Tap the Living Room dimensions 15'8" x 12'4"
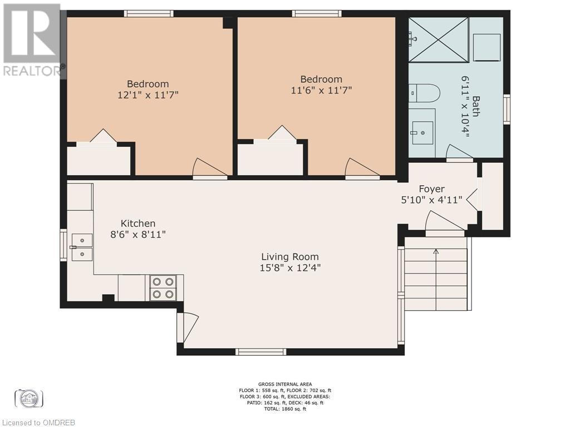tap(291, 267)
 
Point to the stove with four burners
tap(163, 288)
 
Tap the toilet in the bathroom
tap(425, 93)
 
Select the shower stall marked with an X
tap(439, 39)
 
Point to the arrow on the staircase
tap(436, 252)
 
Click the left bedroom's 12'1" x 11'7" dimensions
tap(148, 95)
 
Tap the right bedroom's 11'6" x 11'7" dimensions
tap(321, 90)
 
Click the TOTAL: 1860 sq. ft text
tap(284, 409)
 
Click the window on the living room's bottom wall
tap(261, 351)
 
